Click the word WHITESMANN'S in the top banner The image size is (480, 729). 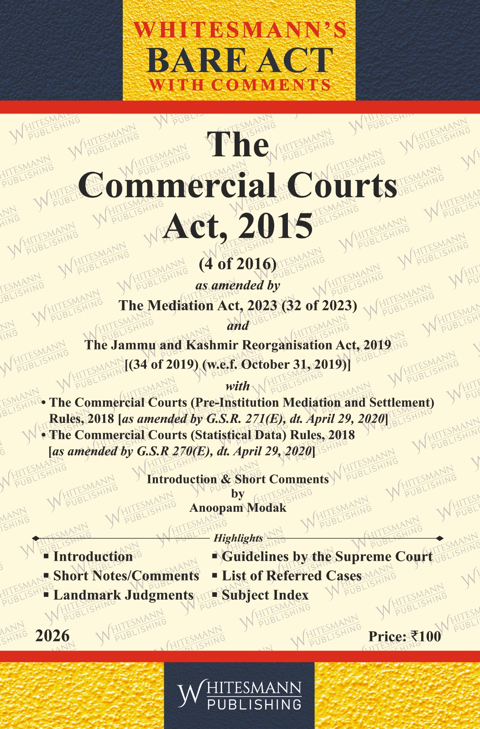pos(240,30)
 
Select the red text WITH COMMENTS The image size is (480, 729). pos(240,85)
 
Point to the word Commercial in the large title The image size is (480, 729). pos(177,185)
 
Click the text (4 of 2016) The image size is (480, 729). pos(238,264)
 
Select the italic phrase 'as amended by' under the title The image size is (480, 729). pos(238,285)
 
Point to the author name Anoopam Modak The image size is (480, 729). pos(238,508)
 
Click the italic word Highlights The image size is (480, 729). pos(238,538)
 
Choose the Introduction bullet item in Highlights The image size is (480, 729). pos(93,556)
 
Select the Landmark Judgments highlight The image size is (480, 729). pos(123,595)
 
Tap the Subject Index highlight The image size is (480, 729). pos(265,595)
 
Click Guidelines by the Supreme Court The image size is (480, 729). pos(327,556)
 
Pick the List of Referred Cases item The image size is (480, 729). pos(291,576)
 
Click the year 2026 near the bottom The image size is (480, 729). pos(52,636)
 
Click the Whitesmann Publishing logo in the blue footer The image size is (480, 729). pos(240,695)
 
